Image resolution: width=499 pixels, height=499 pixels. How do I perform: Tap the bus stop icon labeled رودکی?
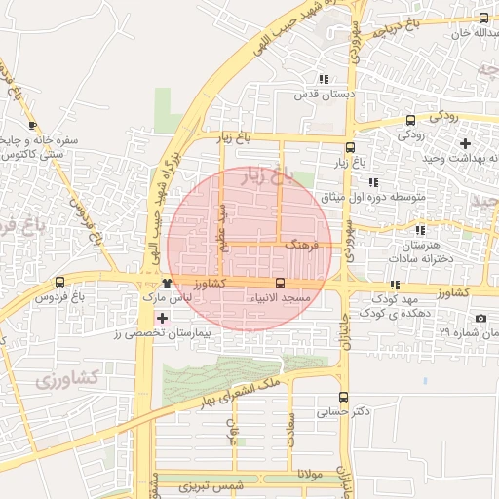(x=410, y=120)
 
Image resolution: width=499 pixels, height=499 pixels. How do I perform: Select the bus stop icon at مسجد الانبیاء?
(x=281, y=283)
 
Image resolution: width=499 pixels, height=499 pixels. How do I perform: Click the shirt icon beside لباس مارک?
(x=169, y=283)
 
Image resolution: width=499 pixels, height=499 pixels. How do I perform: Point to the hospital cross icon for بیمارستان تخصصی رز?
(x=162, y=318)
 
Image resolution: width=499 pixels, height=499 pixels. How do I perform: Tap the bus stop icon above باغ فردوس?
(x=60, y=283)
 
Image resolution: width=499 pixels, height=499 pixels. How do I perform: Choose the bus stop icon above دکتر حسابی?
(x=342, y=397)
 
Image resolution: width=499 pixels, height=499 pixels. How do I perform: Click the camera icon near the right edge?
(x=480, y=319)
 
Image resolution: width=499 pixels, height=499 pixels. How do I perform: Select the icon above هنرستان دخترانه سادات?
(x=420, y=230)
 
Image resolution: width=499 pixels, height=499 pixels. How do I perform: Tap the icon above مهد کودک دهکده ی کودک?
(x=395, y=285)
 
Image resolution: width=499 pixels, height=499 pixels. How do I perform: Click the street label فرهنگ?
(x=302, y=248)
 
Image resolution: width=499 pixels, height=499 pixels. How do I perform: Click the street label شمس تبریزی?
(x=223, y=486)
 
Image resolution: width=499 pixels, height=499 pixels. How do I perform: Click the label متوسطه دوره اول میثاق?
(x=375, y=197)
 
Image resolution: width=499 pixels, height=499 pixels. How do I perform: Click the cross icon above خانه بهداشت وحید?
(x=465, y=143)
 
